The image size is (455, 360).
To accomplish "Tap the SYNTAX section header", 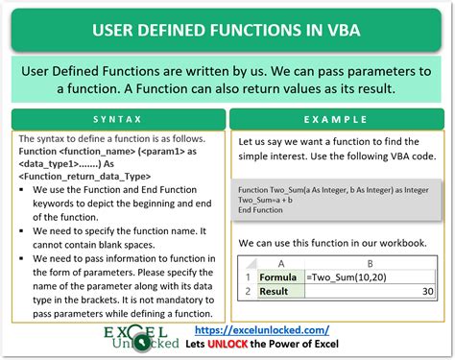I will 118,120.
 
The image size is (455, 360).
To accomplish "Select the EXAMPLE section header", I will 338,120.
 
